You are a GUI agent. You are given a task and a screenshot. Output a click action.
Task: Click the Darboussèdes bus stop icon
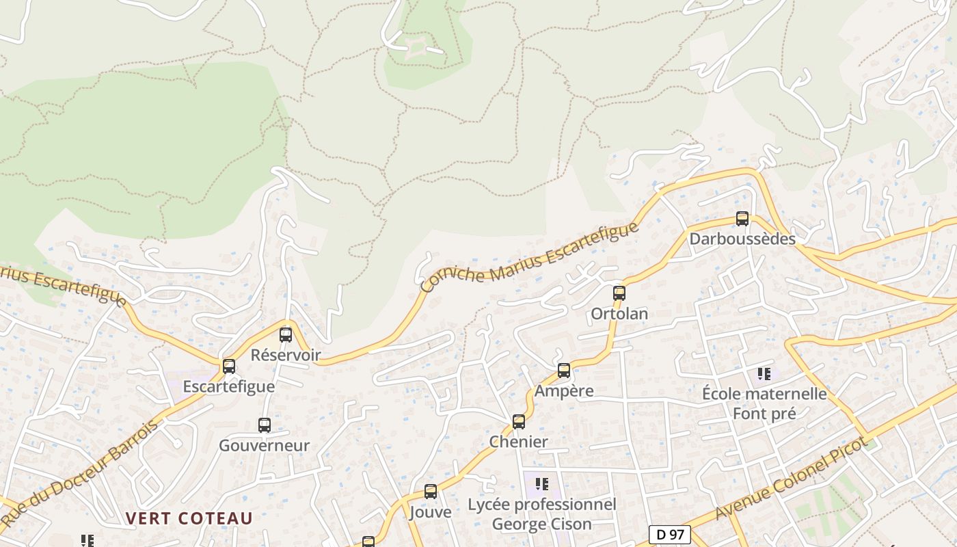[x=742, y=219]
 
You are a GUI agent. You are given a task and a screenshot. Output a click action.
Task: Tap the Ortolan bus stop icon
[x=619, y=293]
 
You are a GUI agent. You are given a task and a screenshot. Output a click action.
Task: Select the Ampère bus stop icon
[x=564, y=371]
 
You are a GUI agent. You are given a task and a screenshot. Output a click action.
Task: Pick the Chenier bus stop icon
[x=519, y=421]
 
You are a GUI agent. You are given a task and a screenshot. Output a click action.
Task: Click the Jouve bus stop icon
[x=431, y=491]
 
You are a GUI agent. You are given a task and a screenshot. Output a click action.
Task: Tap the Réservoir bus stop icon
[x=286, y=335]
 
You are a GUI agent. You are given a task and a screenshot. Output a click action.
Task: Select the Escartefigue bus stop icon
[x=229, y=366]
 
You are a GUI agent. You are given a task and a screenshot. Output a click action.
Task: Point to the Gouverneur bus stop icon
[x=265, y=425]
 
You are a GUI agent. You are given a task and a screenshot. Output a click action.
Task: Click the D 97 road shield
[x=669, y=534]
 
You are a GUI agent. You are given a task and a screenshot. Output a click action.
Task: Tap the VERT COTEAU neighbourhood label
[x=189, y=518]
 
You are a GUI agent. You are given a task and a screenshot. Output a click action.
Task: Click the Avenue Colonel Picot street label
[x=792, y=479]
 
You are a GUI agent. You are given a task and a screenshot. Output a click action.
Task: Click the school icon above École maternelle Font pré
[x=764, y=374]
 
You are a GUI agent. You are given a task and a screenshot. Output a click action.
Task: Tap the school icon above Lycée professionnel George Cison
[x=542, y=484]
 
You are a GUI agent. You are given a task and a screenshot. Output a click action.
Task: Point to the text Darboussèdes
[x=742, y=239]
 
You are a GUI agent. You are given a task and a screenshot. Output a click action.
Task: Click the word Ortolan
[x=619, y=314]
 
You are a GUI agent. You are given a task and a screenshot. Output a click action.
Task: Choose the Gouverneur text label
[x=265, y=446]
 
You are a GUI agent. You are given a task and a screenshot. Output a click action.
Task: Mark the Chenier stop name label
[x=519, y=442]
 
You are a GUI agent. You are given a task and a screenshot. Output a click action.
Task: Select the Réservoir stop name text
[x=286, y=355]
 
